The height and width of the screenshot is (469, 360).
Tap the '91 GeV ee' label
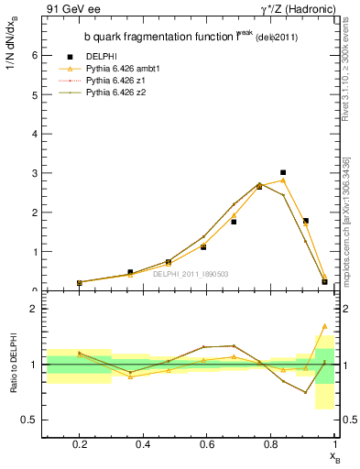tap(71, 9)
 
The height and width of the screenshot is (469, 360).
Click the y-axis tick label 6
tap(34, 55)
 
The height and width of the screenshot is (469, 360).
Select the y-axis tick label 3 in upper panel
tap(34, 173)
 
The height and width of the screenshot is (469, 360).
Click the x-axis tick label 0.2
tap(80, 450)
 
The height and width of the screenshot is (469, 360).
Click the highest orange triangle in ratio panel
tap(324, 326)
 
